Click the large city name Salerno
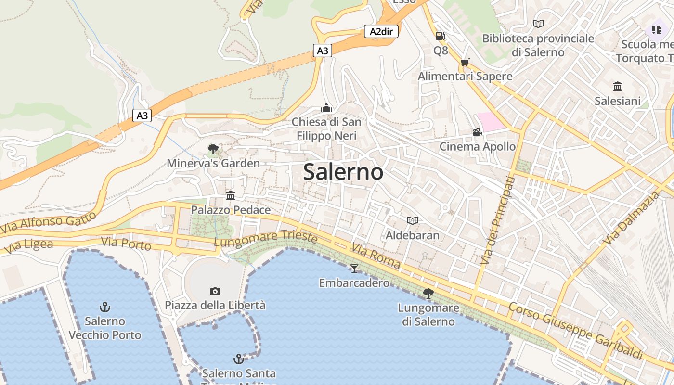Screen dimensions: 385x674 click(343, 172)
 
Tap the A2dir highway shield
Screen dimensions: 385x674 click(381, 32)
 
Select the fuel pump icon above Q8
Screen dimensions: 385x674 click(440, 36)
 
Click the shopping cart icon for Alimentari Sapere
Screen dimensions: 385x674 click(465, 62)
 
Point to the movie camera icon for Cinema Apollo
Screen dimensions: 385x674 click(477, 132)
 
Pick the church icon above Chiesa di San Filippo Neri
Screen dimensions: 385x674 click(326, 108)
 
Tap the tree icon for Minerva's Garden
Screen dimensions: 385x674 click(213, 149)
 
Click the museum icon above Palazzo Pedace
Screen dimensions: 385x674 click(231, 195)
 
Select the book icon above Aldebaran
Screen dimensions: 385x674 click(412, 220)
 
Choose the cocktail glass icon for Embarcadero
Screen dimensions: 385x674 click(354, 268)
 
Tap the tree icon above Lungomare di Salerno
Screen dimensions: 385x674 click(428, 293)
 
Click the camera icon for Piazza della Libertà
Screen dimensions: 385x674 click(215, 291)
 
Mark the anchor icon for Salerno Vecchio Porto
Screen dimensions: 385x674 click(104, 307)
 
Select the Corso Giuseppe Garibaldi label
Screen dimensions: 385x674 click(575, 331)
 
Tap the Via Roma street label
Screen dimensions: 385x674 click(376, 256)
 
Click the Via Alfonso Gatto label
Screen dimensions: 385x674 click(48, 223)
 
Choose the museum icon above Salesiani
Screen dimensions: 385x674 click(618, 87)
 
